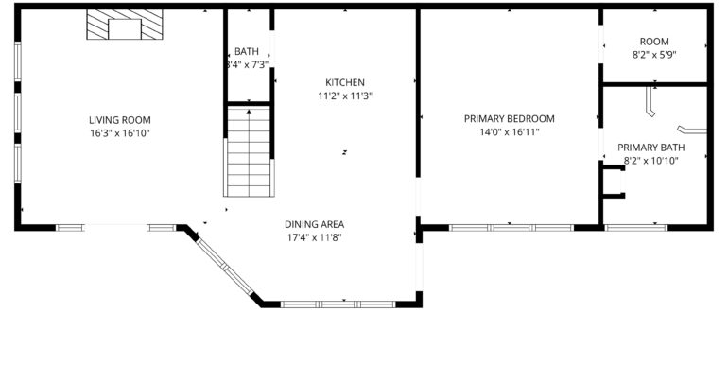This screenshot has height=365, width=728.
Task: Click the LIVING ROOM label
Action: point(120,120)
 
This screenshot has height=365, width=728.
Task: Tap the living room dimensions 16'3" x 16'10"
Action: point(120,133)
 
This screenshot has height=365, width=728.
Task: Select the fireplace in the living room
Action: point(125,25)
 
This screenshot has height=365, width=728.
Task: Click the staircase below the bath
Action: point(249,151)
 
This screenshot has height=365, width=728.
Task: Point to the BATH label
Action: point(247,52)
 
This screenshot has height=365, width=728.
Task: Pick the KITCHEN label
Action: point(345,82)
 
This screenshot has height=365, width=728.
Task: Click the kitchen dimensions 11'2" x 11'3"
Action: point(345,96)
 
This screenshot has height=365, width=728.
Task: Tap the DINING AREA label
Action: point(314,225)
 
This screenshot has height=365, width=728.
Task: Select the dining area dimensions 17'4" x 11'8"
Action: point(314,238)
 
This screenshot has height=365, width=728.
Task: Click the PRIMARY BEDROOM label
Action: point(510,119)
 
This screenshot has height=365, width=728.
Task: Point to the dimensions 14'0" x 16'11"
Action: point(510,132)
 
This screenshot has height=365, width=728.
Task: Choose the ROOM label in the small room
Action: point(654,42)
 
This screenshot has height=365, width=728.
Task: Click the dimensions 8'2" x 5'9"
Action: point(654,55)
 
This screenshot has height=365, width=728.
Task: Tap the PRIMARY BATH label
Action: point(650,148)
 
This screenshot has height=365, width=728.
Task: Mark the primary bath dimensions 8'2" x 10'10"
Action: point(650,161)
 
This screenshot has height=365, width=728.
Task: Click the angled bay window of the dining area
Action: point(224,266)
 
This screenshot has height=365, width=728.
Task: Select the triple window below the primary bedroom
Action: point(511,228)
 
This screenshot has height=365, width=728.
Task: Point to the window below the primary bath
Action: point(636,228)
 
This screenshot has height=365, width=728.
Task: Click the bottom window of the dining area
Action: point(338,304)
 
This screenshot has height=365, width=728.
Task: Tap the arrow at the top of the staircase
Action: point(249,112)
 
